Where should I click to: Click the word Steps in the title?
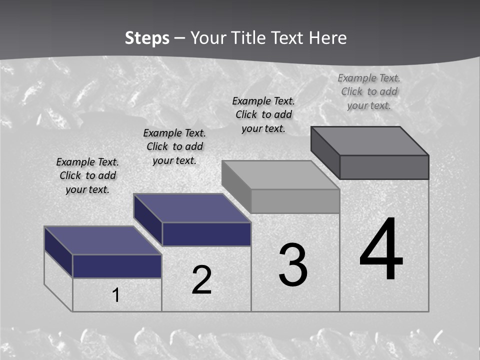(146, 38)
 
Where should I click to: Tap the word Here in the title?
(327, 38)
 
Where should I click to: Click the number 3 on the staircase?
(293, 265)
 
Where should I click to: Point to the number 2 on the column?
(201, 280)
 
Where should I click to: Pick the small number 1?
(116, 295)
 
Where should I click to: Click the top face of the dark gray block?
(370, 140)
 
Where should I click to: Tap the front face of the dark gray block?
(384, 167)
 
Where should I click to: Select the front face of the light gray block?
(295, 201)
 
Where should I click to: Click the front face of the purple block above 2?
(206, 234)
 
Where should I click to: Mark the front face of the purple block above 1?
(117, 266)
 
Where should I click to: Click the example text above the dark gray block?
(369, 91)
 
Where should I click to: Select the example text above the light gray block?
(263, 114)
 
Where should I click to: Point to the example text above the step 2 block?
(174, 146)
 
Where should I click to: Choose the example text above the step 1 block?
(87, 175)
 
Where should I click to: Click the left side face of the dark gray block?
(325, 152)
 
